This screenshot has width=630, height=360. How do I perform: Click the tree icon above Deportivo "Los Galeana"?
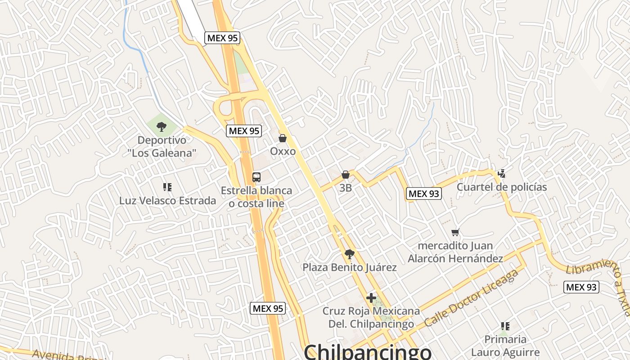(x=162, y=127)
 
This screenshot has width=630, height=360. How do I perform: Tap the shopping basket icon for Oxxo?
(x=283, y=138)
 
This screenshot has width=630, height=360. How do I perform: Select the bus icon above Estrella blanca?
(x=256, y=177)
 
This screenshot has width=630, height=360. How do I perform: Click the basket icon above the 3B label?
(x=346, y=175)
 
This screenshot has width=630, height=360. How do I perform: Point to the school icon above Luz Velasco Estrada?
(x=167, y=187)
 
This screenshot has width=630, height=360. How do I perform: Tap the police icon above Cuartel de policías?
(x=501, y=174)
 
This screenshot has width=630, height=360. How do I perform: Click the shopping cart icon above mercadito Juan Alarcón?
(x=455, y=233)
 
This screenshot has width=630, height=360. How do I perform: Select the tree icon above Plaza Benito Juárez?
(x=349, y=254)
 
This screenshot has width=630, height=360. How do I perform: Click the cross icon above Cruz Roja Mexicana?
(x=371, y=297)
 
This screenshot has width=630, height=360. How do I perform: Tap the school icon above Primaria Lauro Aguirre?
(x=505, y=326)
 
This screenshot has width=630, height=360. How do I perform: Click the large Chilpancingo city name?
(x=367, y=351)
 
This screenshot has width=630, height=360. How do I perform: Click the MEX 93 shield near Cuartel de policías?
(x=423, y=193)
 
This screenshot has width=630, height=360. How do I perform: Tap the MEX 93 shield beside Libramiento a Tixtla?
(x=581, y=287)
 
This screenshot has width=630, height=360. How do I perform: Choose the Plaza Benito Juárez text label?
(x=350, y=268)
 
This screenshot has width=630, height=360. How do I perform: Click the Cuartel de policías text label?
(x=502, y=187)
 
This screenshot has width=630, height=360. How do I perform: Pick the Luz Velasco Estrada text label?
(x=167, y=201)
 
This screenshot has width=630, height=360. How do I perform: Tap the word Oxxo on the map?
(x=283, y=151)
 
